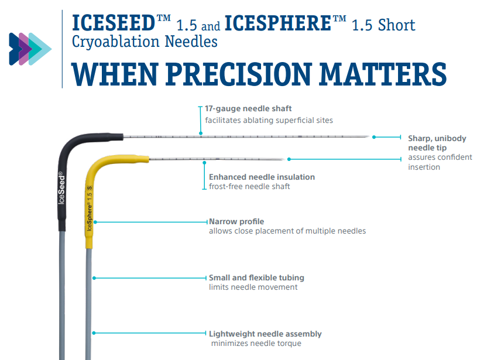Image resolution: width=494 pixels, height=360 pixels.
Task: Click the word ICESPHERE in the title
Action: click(x=278, y=23)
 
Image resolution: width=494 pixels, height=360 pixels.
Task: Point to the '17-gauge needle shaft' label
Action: click(x=248, y=109)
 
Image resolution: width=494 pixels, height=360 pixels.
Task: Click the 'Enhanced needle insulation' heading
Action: click(x=262, y=177)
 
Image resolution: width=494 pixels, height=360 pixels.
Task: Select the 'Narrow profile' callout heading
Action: click(x=236, y=222)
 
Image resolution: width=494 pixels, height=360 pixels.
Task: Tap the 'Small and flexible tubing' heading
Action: click(x=256, y=277)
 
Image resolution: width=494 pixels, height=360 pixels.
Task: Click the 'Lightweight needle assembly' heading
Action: click(x=265, y=334)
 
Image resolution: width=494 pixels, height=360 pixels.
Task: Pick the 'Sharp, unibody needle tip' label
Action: click(x=437, y=143)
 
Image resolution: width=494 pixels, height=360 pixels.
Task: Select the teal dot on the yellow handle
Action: click(x=95, y=222)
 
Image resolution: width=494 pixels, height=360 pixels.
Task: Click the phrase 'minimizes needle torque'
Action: click(x=256, y=343)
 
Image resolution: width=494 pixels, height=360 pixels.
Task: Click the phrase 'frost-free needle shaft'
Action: click(x=249, y=186)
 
